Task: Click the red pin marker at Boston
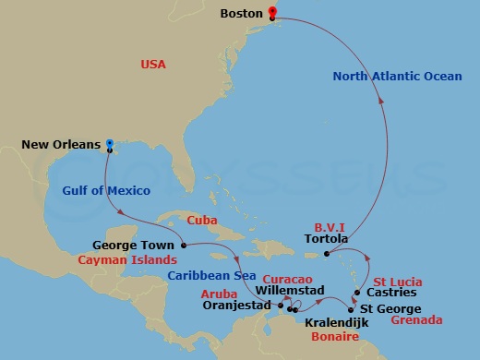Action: [x=272, y=13]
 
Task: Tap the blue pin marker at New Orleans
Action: [x=109, y=144]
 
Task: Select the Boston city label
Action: [x=243, y=14]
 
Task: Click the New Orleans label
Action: [x=61, y=144]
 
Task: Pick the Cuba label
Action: [x=201, y=221]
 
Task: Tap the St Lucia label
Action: [x=398, y=281]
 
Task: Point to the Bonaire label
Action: [x=334, y=339]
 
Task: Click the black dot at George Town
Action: [x=184, y=245]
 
